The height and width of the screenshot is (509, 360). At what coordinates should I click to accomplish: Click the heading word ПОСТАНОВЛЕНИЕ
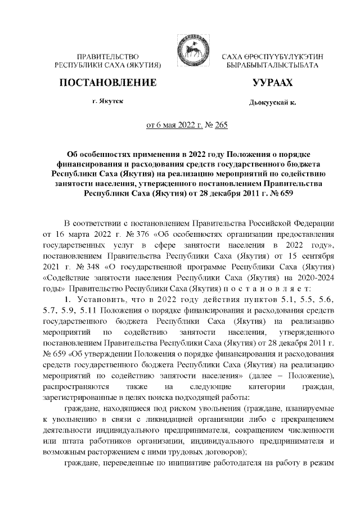point(107,83)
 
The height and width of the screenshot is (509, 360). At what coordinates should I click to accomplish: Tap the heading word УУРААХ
point(273,83)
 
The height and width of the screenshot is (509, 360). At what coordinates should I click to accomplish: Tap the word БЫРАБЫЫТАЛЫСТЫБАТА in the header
point(272,66)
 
